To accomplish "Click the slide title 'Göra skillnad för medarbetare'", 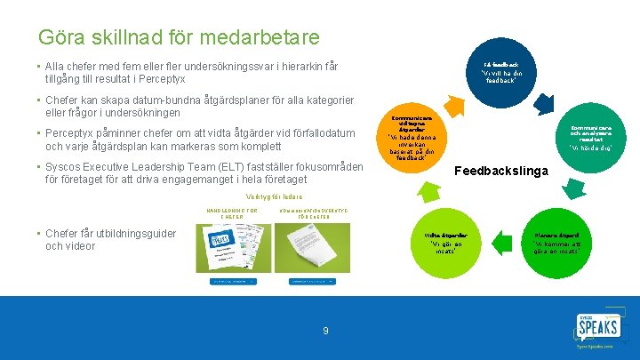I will (178, 37).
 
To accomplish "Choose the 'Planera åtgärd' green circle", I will (556, 241).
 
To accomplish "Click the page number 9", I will (325, 331).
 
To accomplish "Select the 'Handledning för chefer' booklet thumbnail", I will (233, 248).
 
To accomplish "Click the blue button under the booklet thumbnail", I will (233, 282).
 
